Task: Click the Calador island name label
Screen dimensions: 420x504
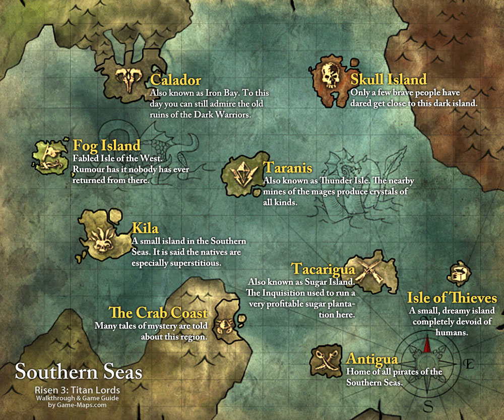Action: [x=176, y=80]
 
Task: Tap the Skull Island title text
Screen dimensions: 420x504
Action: [x=389, y=79]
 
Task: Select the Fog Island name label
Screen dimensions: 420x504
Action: [x=107, y=146]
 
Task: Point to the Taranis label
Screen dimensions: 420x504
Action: [x=288, y=168]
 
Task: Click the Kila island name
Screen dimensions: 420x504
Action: [x=145, y=227]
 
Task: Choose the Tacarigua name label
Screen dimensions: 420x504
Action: [x=324, y=268]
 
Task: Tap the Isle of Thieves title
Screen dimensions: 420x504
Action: [x=452, y=297]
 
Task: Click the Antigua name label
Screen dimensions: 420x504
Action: [x=372, y=359]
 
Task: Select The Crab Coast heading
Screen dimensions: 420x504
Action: [x=158, y=313]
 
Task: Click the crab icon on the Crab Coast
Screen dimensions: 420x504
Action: [x=222, y=323]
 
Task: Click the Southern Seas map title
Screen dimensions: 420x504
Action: [x=78, y=372]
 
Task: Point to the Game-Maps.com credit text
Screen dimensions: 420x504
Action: [x=78, y=405]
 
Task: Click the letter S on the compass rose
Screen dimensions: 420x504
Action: [x=429, y=406]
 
